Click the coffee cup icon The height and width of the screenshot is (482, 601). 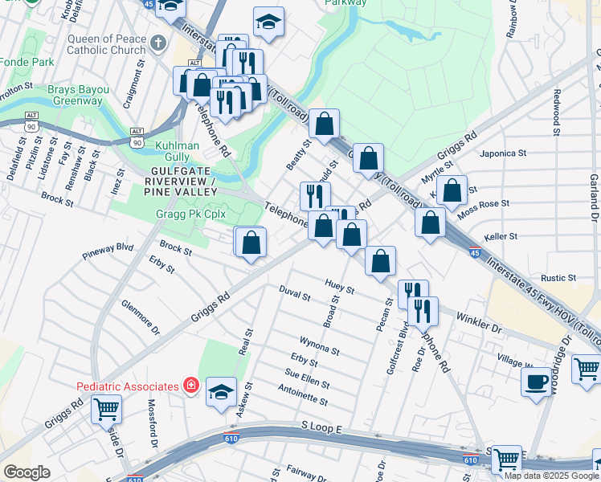(x=537, y=380)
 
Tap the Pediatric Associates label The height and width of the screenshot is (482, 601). (x=127, y=386)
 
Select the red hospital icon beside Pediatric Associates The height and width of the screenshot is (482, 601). (x=191, y=386)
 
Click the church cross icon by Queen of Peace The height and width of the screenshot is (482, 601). (x=158, y=43)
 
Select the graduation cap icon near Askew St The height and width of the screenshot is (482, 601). (x=221, y=392)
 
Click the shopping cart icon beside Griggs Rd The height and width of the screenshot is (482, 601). (x=106, y=409)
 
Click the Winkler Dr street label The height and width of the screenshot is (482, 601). (x=479, y=324)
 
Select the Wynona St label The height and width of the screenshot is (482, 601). (x=319, y=346)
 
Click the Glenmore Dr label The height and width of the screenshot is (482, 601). (x=141, y=317)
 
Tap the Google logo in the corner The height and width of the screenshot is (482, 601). (x=27, y=472)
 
